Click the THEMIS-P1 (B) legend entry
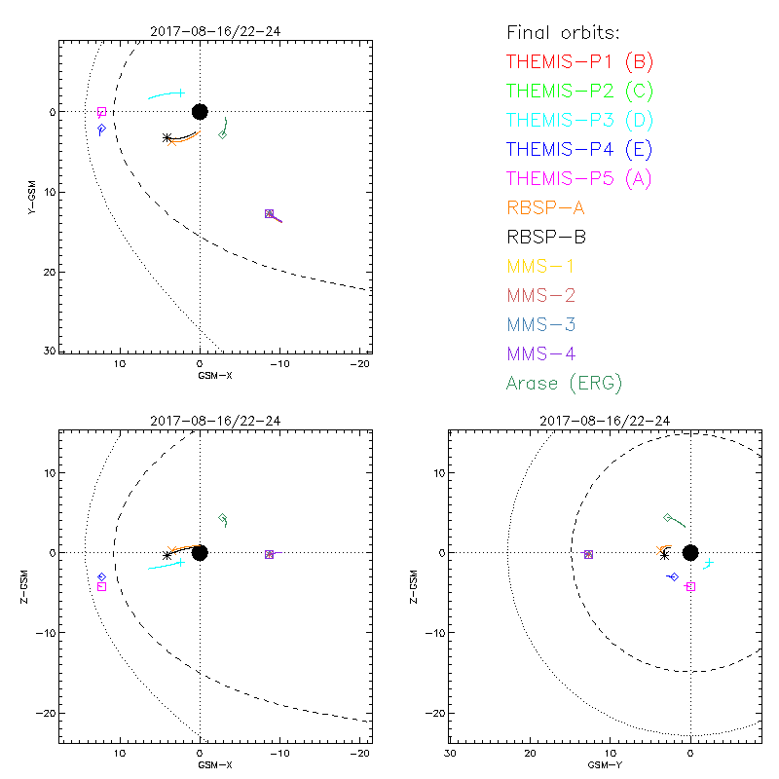[x=579, y=62]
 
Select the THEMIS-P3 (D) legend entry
[x=579, y=121]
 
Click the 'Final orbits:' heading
[x=571, y=32]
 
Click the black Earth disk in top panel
[x=200, y=111]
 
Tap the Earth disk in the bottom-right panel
[x=690, y=553]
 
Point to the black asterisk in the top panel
[x=167, y=138]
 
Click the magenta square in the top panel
[x=101, y=112]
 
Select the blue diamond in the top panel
[x=101, y=129]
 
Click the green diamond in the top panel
[x=223, y=134]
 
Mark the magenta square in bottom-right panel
[x=690, y=586]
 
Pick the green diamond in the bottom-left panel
[x=223, y=517]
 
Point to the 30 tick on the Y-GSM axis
[x=48, y=350]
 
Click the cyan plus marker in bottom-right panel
[x=709, y=562]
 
